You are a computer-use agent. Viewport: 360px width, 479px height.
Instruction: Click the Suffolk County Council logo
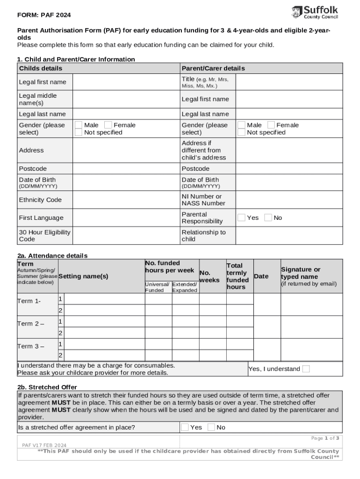(x=315, y=12)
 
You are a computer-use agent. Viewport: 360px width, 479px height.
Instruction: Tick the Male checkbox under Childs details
(x=79, y=125)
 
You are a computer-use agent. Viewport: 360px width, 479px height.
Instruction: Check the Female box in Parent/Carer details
(x=271, y=125)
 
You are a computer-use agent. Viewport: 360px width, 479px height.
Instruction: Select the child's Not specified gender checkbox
(x=79, y=132)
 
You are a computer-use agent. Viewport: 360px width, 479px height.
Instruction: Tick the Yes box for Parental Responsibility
(x=241, y=218)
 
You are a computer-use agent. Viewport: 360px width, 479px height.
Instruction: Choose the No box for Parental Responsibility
(x=268, y=218)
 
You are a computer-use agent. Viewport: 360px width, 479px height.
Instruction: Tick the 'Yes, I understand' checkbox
(x=306, y=369)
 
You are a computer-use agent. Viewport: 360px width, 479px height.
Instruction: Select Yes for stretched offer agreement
(x=185, y=427)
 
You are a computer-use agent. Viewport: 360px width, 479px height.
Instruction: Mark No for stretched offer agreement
(x=211, y=427)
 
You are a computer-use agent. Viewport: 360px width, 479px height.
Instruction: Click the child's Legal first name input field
(x=126, y=82)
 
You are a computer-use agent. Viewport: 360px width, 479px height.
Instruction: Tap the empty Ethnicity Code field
(x=126, y=200)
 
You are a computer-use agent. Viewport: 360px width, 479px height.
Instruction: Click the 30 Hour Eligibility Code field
(x=126, y=236)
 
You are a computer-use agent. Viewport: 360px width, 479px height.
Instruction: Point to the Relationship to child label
(x=203, y=236)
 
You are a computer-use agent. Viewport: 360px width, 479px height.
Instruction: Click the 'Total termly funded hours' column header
(x=238, y=276)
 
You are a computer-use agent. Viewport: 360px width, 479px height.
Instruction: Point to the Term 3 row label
(x=31, y=346)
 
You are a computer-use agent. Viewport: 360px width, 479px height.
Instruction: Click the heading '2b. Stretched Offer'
(x=47, y=387)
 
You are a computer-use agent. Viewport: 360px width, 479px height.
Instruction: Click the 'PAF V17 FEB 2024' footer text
(x=44, y=445)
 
